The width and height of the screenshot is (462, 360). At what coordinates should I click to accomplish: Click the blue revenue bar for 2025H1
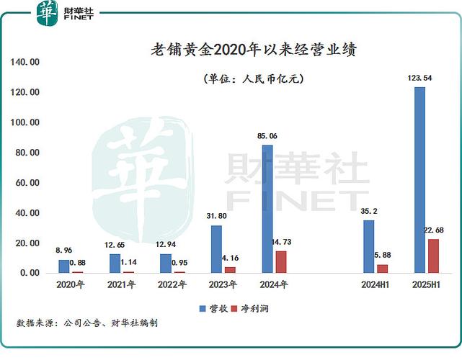[x=419, y=180]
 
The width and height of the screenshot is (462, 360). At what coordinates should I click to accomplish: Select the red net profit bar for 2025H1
[x=433, y=256]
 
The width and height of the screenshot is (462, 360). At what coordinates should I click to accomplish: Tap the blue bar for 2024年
[x=267, y=209]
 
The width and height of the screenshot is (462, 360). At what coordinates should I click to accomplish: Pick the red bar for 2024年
[x=281, y=262]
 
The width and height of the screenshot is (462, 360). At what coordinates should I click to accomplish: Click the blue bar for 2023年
[x=216, y=249]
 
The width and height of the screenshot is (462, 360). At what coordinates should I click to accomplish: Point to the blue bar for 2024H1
[x=368, y=246]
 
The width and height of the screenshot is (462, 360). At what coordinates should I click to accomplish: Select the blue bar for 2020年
[x=64, y=266]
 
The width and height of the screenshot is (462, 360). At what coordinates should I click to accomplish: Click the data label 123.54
[x=419, y=78]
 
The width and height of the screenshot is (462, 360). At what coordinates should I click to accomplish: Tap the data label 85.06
[x=267, y=136]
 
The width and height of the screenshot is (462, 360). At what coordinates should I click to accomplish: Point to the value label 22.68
[x=433, y=230]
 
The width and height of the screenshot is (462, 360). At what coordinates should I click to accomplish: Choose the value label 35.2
[x=369, y=211]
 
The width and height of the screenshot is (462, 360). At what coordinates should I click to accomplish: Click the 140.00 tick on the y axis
[x=25, y=62]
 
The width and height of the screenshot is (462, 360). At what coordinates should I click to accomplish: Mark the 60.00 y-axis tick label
[x=27, y=183]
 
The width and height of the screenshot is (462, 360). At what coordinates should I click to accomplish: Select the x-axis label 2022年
[x=172, y=284]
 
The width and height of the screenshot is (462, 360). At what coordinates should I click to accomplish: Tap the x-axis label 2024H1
[x=375, y=284]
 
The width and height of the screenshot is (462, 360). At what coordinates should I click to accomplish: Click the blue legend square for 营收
[x=203, y=308]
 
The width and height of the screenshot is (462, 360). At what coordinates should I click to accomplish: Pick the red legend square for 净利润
[x=234, y=308]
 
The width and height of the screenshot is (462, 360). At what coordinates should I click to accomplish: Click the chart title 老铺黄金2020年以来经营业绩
[x=254, y=50]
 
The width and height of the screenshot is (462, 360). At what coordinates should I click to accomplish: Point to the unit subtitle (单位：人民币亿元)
[x=254, y=78]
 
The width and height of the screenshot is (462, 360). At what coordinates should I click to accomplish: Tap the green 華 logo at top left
[x=47, y=13]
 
